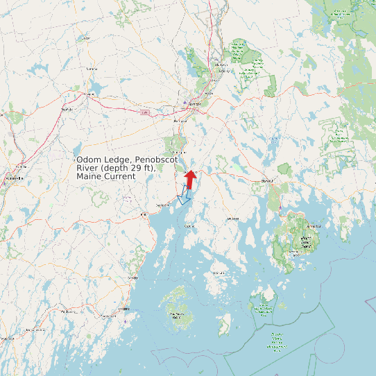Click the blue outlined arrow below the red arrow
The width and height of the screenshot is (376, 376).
click(185, 196)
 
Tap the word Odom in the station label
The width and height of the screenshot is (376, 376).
click(89, 160)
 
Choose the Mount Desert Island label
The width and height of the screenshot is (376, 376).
click(305, 241)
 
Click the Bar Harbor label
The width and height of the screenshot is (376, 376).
click(314, 226)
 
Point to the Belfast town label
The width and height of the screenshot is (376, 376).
click(162, 205)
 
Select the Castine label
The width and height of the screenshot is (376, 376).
click(189, 226)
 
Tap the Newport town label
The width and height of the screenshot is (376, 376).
click(67, 109)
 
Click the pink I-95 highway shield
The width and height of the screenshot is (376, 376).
click(144, 112)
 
